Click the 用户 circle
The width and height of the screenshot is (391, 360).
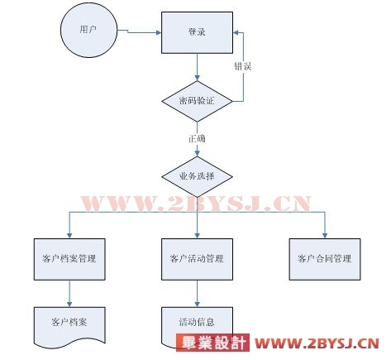pyautogui.click(x=89, y=30)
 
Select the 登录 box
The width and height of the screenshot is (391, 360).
pyautogui.click(x=197, y=32)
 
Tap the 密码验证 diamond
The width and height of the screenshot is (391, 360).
pyautogui.click(x=197, y=101)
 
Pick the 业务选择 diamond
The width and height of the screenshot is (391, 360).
pyautogui.click(x=197, y=177)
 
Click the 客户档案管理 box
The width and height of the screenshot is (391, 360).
pyautogui.click(x=69, y=259)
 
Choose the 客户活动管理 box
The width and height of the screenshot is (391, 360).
pyautogui.click(x=197, y=259)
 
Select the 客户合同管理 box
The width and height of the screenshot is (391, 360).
pyautogui.click(x=325, y=259)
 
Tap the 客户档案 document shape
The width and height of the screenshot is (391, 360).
pyautogui.click(x=69, y=325)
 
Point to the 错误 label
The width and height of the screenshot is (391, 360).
pyautogui.click(x=243, y=66)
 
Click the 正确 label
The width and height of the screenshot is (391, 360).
pyautogui.click(x=197, y=138)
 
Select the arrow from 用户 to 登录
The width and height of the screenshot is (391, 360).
pyautogui.click(x=140, y=32)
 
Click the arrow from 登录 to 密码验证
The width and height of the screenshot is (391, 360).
pyautogui.click(x=197, y=67)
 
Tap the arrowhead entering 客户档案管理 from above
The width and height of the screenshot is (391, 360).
pyautogui.click(x=69, y=235)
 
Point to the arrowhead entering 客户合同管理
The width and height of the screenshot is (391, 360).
pyautogui.click(x=325, y=235)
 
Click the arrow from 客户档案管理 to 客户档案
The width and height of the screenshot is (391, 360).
pyautogui.click(x=69, y=294)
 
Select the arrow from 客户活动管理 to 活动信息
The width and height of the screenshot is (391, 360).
pyautogui.click(x=197, y=294)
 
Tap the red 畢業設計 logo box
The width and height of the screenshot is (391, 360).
pyautogui.click(x=212, y=343)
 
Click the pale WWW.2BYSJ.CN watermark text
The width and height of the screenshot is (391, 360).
pyautogui.click(x=196, y=204)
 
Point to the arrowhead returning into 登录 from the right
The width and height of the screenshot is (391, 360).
pyautogui.click(x=236, y=32)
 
